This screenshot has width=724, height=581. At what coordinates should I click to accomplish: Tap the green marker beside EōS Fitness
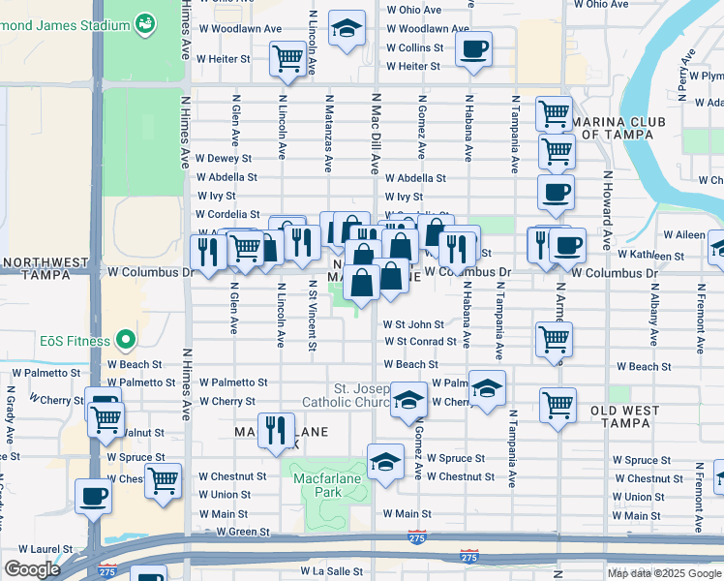click(124, 340)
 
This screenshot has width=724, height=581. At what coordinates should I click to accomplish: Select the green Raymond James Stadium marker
click(145, 21)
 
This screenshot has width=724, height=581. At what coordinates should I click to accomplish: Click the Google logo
click(32, 569)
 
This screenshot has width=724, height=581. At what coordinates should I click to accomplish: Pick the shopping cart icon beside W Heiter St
click(288, 59)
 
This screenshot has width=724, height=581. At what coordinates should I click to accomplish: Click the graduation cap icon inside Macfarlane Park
click(385, 460)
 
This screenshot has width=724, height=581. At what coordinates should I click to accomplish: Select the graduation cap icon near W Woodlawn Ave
click(346, 28)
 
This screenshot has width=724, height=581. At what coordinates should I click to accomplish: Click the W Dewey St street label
click(223, 158)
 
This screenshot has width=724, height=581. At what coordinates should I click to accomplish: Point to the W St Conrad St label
click(420, 342)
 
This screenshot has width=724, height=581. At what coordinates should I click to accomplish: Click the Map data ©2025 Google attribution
click(663, 573)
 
